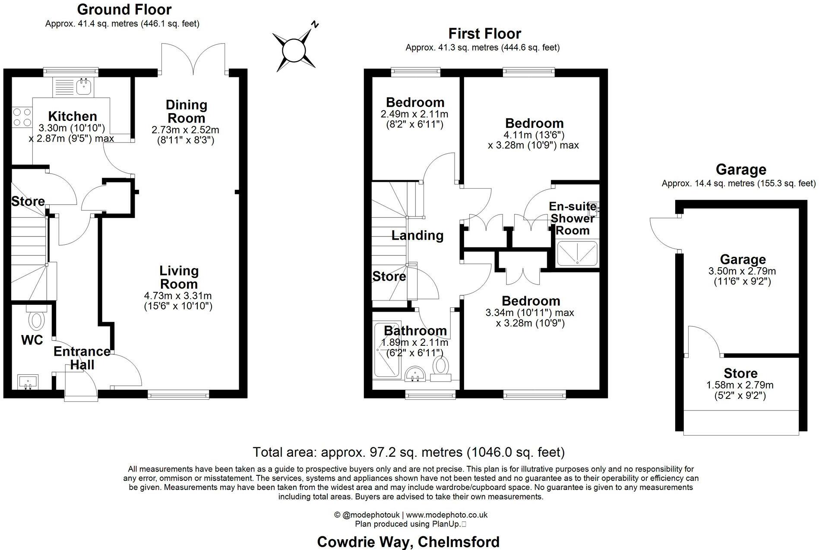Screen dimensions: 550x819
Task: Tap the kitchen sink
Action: (x=82, y=87)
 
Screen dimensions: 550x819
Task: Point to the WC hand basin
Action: (x=28, y=382)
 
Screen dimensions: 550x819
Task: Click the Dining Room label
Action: (x=187, y=111)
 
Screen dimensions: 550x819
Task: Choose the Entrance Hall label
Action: (x=82, y=358)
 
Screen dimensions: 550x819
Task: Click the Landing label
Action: (x=417, y=235)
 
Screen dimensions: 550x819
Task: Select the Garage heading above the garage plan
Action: (x=741, y=170)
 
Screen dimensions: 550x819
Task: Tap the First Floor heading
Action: (x=484, y=34)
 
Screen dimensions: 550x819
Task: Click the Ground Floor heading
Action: (x=124, y=9)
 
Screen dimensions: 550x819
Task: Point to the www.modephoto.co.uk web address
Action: (x=446, y=515)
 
